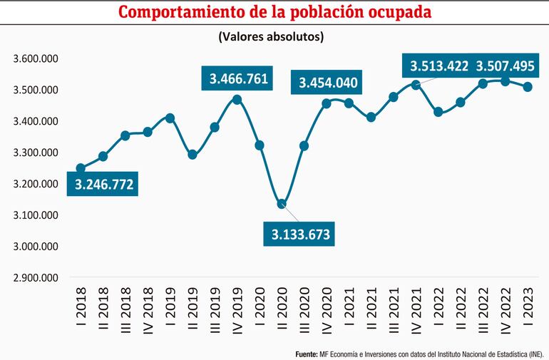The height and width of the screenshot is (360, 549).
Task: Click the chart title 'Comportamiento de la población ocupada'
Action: coord(274,13)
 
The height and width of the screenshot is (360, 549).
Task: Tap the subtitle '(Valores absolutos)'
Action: coord(274,36)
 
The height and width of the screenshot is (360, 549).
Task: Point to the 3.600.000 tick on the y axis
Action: coord(35,58)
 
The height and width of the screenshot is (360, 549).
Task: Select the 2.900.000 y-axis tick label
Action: coord(35,278)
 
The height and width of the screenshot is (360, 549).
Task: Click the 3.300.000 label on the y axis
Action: coord(35,153)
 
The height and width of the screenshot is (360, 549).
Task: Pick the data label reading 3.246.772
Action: coord(105,185)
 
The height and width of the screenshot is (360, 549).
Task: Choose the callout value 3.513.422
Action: coord(438,66)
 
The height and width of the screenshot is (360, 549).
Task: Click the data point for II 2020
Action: coord(282,204)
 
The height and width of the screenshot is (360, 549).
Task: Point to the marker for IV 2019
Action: coord(237,99)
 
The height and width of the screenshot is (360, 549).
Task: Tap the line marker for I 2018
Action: coord(81,168)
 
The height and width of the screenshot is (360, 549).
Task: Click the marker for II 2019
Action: coord(193,154)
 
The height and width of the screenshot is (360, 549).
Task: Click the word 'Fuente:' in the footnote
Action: coord(307,353)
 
